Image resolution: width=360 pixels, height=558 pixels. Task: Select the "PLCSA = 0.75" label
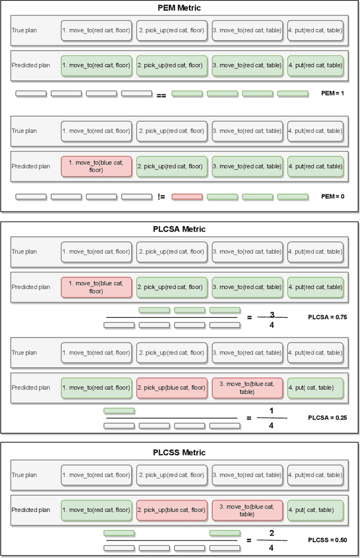(327, 317)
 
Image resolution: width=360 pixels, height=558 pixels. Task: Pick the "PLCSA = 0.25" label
(327, 418)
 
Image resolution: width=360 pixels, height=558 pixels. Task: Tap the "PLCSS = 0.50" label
(327, 540)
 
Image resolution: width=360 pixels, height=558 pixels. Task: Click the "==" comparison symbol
(161, 95)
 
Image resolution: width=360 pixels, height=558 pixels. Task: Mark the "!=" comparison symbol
(161, 197)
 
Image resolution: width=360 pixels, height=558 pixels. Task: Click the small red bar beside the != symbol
(187, 197)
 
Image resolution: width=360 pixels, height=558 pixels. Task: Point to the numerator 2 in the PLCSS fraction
(272, 533)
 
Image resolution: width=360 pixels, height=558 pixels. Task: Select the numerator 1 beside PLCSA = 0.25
(272, 411)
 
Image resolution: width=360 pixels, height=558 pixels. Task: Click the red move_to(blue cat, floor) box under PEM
(96, 166)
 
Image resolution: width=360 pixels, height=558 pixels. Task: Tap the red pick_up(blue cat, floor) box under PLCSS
(172, 510)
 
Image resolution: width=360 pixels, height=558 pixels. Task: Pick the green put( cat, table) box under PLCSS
(315, 510)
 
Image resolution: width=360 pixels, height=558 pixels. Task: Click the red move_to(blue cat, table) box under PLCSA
(247, 388)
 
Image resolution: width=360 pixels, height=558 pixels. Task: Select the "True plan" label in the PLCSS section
(24, 475)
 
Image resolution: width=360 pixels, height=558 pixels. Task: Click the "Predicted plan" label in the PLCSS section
(31, 510)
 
